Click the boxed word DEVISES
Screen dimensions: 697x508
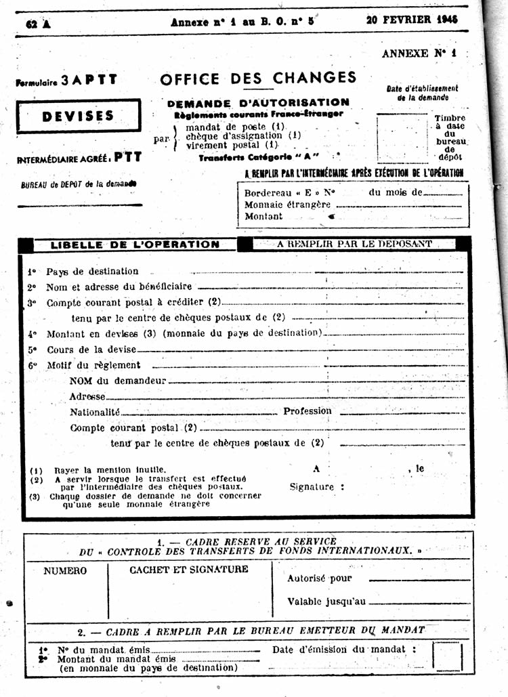(x=78, y=116)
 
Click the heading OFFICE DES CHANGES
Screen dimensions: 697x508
(x=258, y=78)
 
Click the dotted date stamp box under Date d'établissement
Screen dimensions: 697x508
(x=403, y=139)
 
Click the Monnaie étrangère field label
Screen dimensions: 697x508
(x=287, y=204)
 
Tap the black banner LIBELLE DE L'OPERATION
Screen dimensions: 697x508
(x=135, y=245)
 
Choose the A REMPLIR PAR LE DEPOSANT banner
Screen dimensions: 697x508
(x=354, y=244)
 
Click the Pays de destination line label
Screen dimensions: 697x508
(x=92, y=271)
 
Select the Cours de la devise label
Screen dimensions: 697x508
(x=91, y=350)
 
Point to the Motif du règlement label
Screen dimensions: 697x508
(x=93, y=365)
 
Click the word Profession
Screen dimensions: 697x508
(x=308, y=411)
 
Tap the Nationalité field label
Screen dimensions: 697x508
(x=95, y=412)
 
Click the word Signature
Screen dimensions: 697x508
(x=312, y=486)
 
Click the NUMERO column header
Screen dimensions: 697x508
(x=65, y=570)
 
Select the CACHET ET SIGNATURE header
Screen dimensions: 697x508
(x=189, y=570)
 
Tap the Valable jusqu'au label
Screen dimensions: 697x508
(x=326, y=601)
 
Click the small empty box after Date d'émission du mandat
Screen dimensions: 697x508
(x=448, y=656)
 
